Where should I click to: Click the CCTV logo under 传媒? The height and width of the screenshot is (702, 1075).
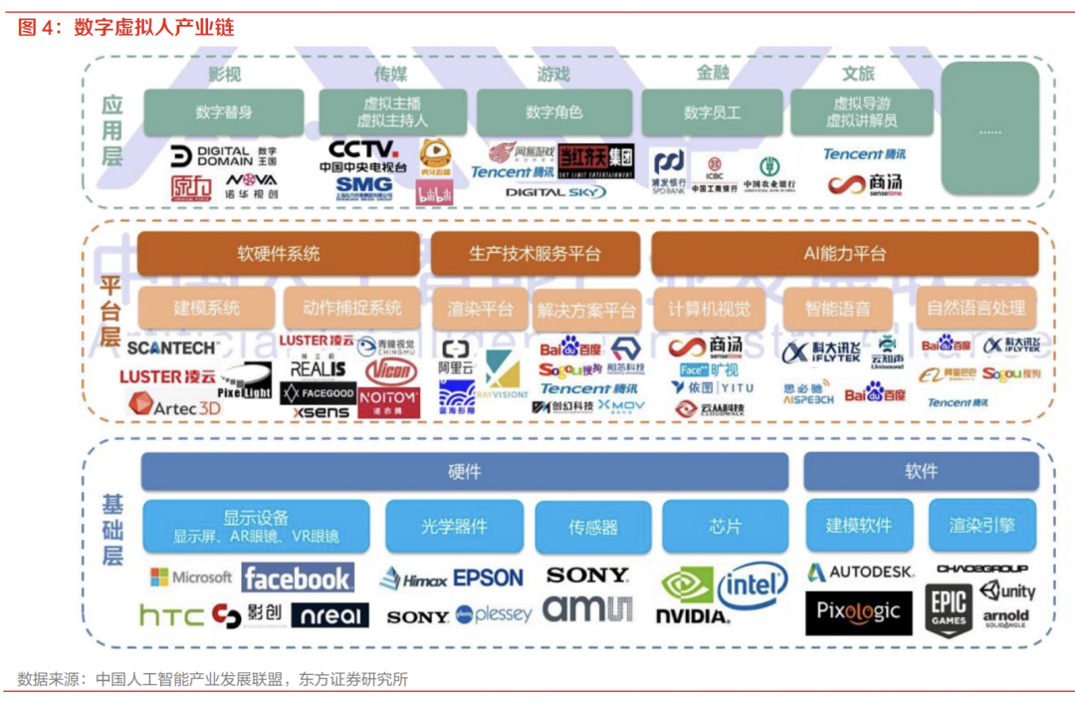coord(363,149)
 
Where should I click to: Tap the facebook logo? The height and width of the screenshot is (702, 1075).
coord(297,578)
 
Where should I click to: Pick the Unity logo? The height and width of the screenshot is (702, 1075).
coord(1007,590)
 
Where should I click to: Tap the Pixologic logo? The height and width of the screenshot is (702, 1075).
coord(858,610)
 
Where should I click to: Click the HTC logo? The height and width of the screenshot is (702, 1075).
coord(170,616)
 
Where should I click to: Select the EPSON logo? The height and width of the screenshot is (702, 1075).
coord(488,578)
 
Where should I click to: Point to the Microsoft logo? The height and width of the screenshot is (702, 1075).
coord(191,578)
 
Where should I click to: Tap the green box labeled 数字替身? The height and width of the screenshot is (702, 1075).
coord(224,113)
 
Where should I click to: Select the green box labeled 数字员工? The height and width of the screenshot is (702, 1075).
coord(712,113)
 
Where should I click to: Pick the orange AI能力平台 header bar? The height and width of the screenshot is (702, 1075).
coord(844,254)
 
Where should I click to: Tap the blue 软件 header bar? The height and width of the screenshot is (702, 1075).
coord(921,472)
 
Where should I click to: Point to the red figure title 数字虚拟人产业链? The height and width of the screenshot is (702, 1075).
coord(154,27)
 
